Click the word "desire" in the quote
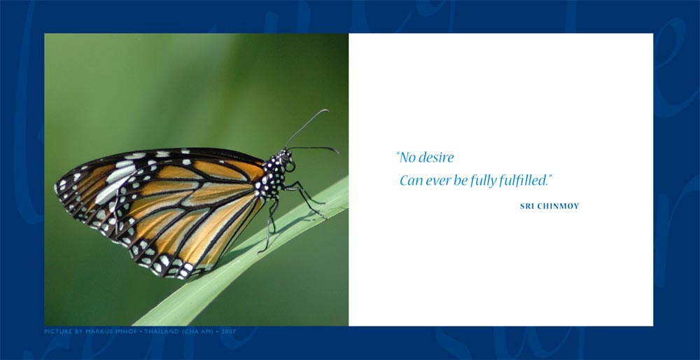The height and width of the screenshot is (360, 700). tap(438, 157)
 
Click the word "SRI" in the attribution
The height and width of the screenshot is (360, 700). tap(527, 207)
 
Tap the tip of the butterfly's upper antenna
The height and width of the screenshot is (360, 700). tap(327, 110)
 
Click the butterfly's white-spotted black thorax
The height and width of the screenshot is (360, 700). tap(273, 176)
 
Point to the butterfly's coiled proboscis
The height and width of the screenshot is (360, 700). tap(290, 167)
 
